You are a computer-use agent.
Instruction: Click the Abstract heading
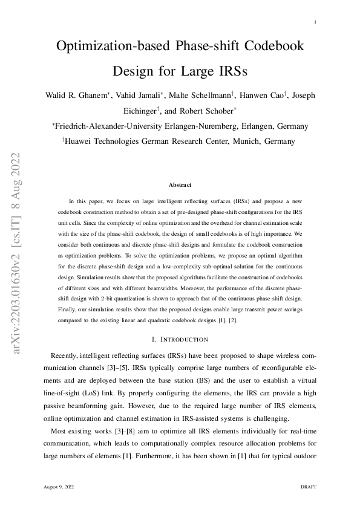tap(180, 184)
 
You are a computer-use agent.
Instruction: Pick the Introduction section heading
tap(180, 339)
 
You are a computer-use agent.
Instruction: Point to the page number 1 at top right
tap(316, 23)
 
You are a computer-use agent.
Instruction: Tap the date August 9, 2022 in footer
tap(59, 486)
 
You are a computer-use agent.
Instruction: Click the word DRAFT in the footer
tap(309, 486)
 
